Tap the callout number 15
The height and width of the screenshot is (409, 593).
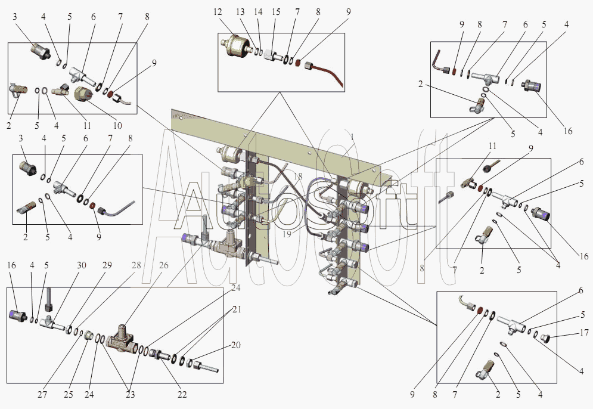276,13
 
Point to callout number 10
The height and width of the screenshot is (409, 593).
116,126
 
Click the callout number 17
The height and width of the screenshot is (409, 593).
585,332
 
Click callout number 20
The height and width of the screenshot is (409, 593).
236,345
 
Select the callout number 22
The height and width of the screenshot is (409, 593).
182,394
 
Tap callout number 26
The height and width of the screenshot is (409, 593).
164,265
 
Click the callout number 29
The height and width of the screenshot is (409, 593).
107,265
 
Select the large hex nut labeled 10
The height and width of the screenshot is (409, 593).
82,94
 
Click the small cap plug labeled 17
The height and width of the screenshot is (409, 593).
547,339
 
